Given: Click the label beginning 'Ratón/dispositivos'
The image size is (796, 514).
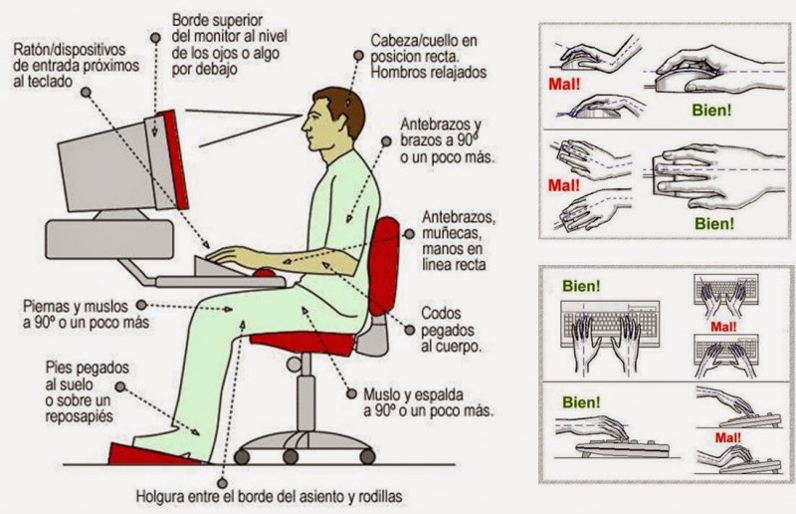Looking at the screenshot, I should tap(72, 65).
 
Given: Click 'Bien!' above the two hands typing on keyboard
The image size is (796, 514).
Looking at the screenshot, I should tap(581, 286).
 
